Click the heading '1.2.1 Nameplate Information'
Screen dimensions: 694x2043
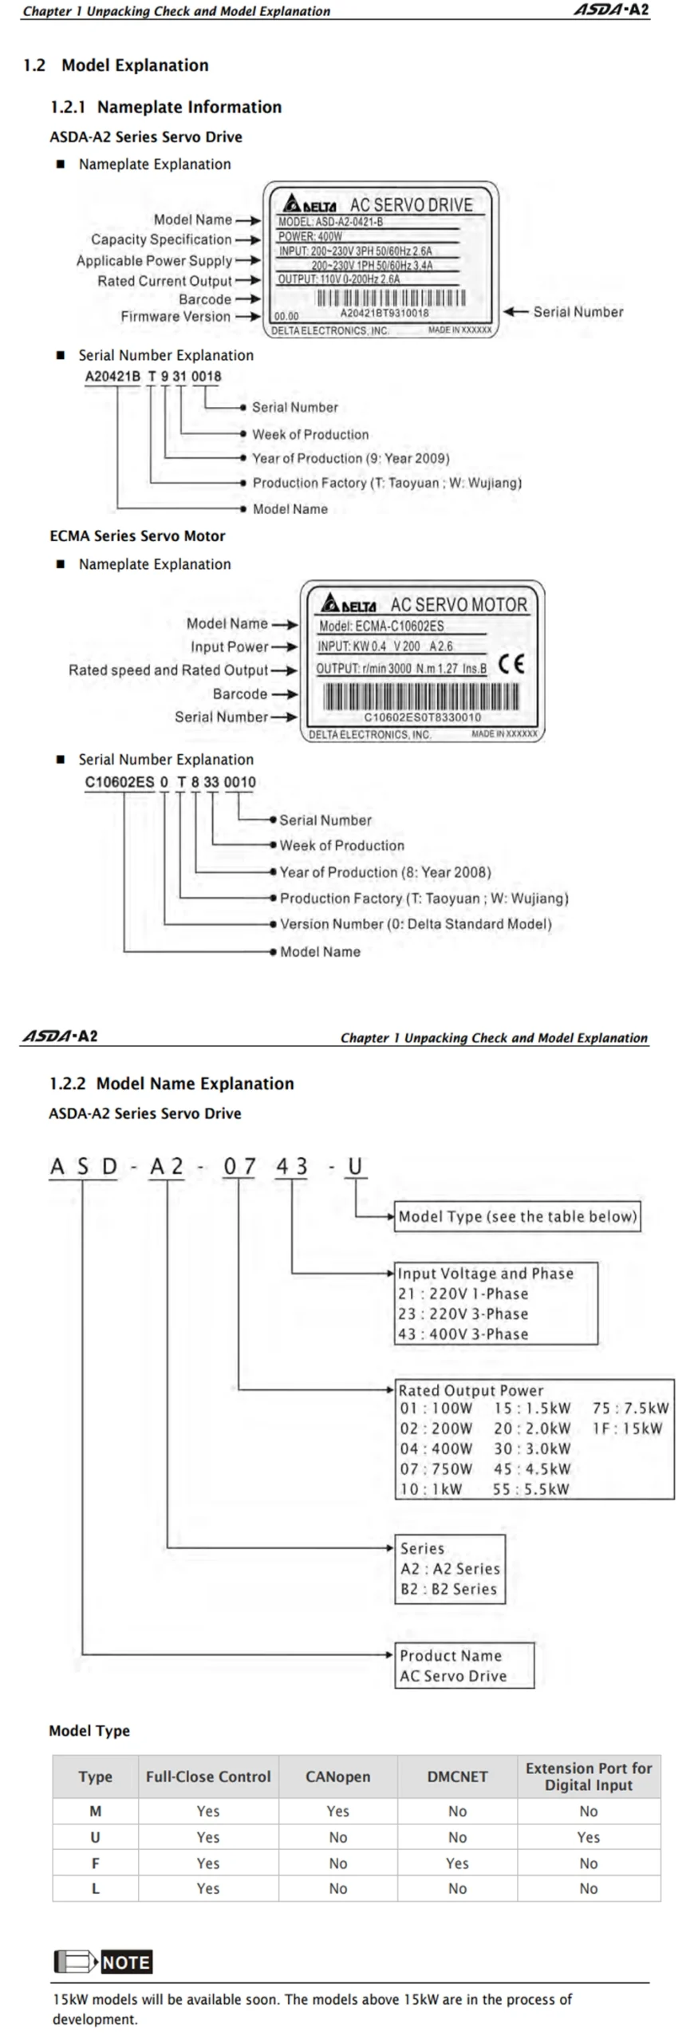pos(166,107)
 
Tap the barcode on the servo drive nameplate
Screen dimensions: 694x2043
pos(391,298)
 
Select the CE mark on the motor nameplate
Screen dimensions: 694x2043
pos(511,663)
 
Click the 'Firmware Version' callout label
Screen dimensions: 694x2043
pos(175,317)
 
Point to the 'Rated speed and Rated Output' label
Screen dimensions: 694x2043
pos(168,670)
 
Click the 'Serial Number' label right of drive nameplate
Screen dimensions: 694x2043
pos(578,312)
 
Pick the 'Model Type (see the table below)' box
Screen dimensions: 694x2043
pos(517,1216)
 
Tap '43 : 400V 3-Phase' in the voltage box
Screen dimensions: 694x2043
pos(463,1334)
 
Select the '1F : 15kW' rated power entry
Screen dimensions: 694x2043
pos(627,1429)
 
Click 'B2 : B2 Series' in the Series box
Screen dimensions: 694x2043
pos(448,1589)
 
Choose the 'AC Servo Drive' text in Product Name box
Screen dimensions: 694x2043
pos(453,1676)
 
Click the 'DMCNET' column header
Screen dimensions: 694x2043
pos(457,1776)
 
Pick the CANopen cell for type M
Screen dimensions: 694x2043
pos(338,1812)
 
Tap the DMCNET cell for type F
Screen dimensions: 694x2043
pos(457,1863)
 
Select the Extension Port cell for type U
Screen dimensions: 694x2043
pos(589,1837)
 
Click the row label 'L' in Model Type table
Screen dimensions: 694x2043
pos(96,1888)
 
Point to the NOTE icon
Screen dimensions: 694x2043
pos(103,1962)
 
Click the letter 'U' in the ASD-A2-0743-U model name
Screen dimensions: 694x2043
pos(355,1167)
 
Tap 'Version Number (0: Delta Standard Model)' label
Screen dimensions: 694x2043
pos(416,924)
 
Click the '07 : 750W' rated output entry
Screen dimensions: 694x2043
pos(436,1468)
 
